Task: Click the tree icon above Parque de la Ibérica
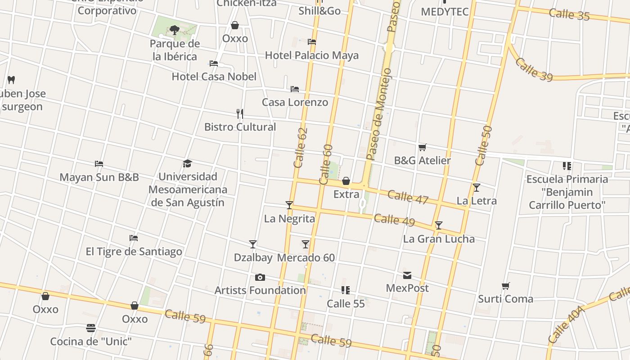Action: click(x=175, y=30)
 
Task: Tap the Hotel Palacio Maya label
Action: click(x=312, y=55)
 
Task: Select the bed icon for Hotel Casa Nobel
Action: click(x=214, y=63)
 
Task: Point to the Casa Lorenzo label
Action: click(x=295, y=102)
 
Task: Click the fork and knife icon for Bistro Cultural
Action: click(x=240, y=114)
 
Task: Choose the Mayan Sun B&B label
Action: click(x=99, y=177)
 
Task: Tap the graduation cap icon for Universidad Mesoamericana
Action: click(x=188, y=163)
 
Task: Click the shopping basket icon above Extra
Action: click(x=346, y=181)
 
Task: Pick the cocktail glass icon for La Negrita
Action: click(x=289, y=205)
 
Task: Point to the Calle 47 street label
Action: click(x=408, y=197)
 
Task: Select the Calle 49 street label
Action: click(x=394, y=220)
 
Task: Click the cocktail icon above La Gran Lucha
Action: click(x=439, y=225)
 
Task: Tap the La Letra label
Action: click(x=477, y=201)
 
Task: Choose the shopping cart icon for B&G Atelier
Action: click(x=422, y=147)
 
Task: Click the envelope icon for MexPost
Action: click(x=407, y=275)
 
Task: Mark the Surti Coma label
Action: click(x=505, y=299)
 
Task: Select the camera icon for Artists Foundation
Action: click(x=260, y=277)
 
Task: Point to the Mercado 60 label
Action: click(x=306, y=258)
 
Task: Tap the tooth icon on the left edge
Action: click(x=12, y=80)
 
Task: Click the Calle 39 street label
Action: click(x=534, y=70)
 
